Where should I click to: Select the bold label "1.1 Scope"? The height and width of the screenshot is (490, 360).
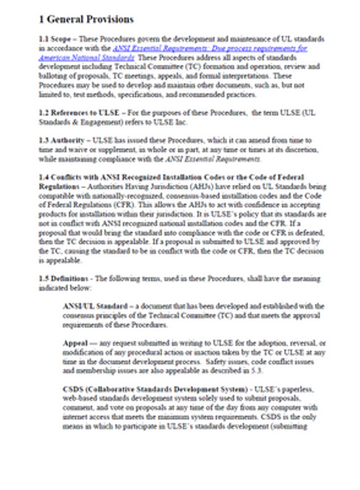tap(55, 41)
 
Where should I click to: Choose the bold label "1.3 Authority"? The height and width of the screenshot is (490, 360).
tap(62, 140)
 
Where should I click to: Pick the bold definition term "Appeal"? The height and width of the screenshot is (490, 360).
tap(75, 343)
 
